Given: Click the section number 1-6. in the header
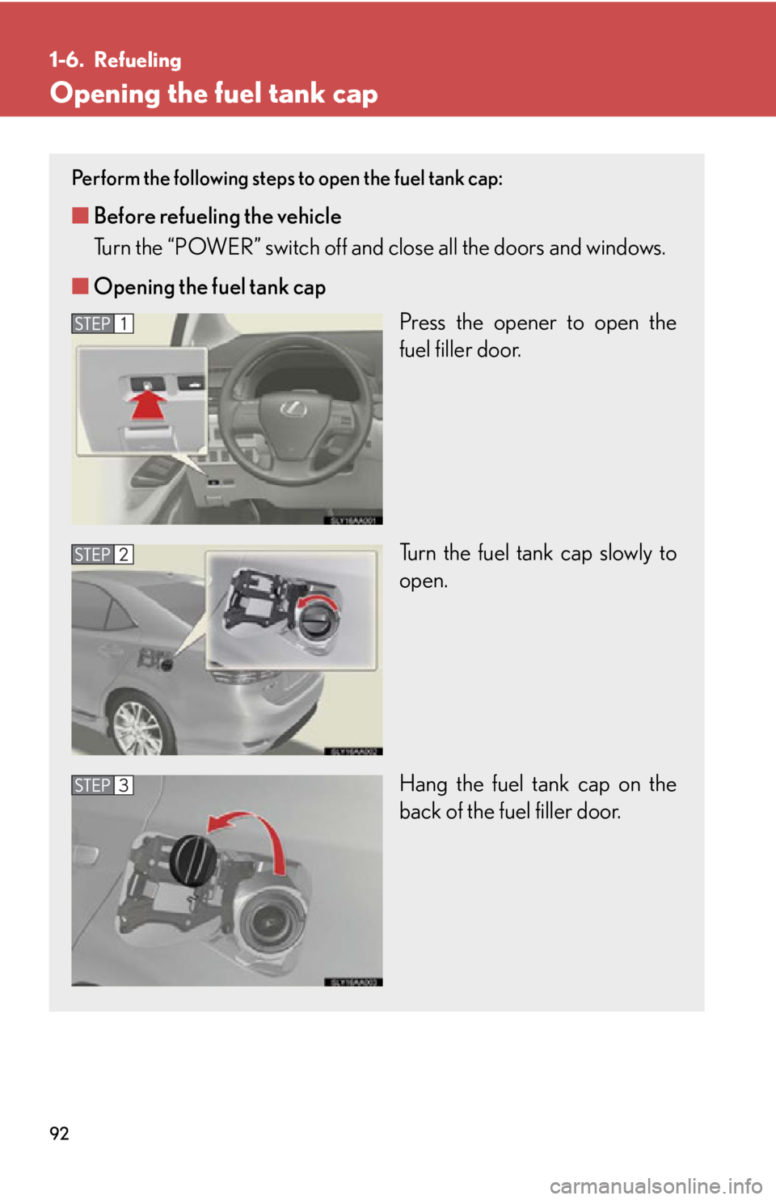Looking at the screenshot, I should [65, 60].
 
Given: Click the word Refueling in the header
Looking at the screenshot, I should [137, 60].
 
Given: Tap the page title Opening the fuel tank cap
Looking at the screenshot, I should [213, 94].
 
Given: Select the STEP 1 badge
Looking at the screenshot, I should [102, 323].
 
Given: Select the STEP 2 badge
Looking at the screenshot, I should [102, 555].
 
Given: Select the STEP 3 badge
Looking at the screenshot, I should [102, 785].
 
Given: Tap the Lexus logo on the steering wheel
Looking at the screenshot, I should [293, 409].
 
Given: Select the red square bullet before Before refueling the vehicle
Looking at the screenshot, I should [79, 215].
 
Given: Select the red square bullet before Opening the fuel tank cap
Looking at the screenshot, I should [79, 285].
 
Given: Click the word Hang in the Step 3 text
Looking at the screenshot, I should [423, 784].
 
